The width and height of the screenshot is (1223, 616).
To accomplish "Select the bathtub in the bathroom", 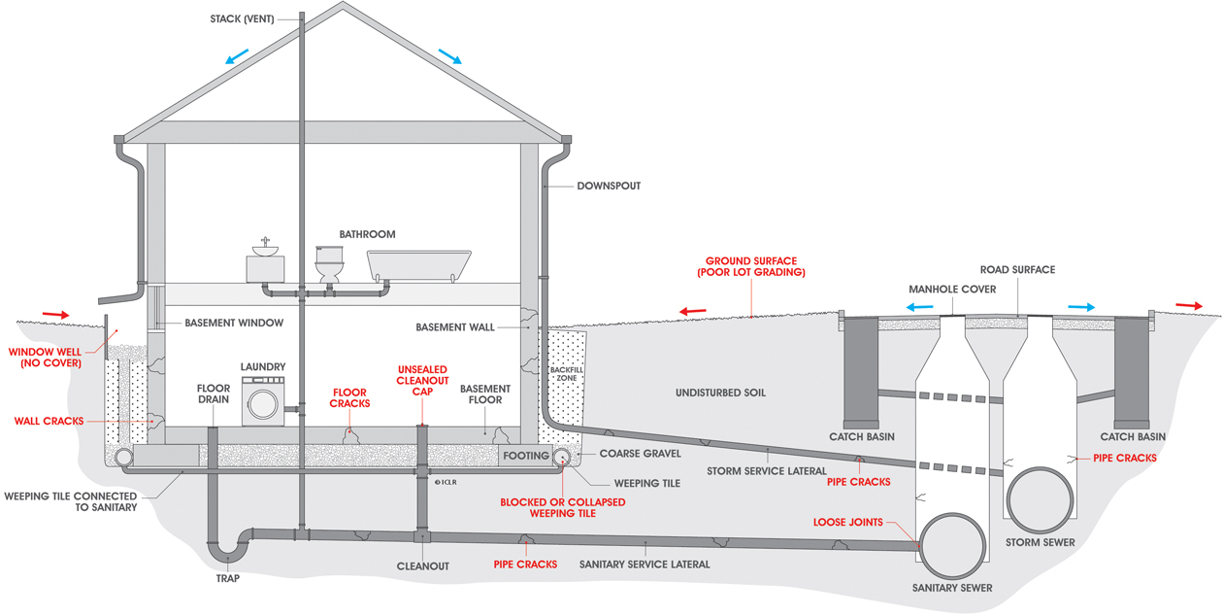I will pos(418,264).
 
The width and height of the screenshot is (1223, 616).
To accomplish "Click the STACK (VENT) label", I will pos(242,18).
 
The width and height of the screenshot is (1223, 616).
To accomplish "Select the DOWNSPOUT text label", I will pos(609,186).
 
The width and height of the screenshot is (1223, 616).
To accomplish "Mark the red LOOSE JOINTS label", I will pos(848,522).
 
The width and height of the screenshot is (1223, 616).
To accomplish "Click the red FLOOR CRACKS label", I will pos(349,397).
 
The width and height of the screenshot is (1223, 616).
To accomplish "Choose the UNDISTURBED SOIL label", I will pos(721,393).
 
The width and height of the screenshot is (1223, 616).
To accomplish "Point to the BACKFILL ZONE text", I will pos(565,374).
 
